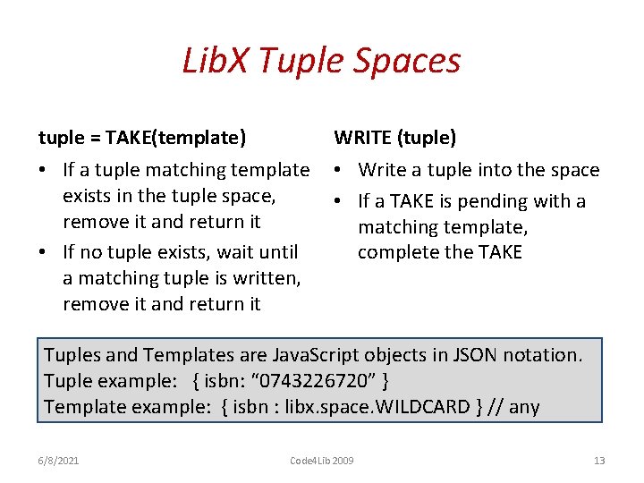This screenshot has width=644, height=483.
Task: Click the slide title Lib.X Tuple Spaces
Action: click(x=321, y=61)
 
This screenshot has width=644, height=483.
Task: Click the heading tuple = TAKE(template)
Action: click(x=142, y=138)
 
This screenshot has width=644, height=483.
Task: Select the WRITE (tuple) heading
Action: click(x=394, y=138)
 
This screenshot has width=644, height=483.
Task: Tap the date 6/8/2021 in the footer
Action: click(x=59, y=461)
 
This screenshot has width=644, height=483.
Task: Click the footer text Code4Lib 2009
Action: click(x=321, y=461)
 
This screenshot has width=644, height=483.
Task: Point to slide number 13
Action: click(x=599, y=461)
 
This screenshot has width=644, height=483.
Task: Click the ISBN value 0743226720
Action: click(x=310, y=381)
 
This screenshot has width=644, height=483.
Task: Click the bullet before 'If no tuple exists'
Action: click(x=45, y=253)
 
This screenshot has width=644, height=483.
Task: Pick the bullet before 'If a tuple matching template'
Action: click(x=45, y=170)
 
